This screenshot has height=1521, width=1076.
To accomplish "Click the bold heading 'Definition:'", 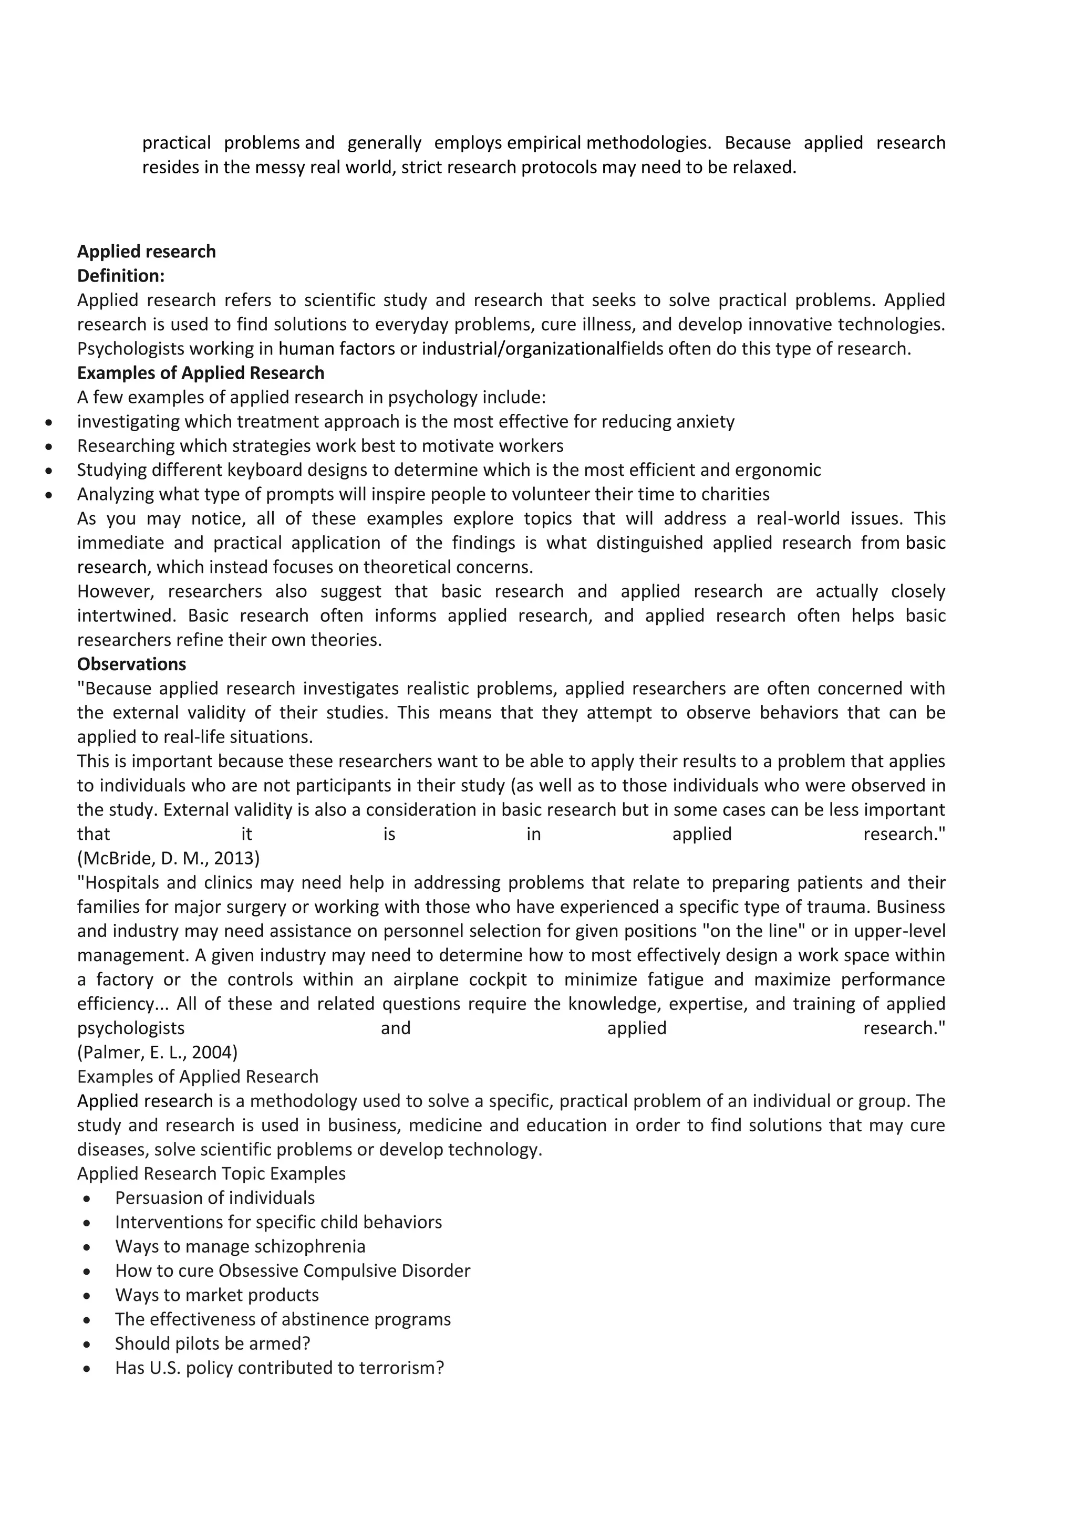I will (121, 276).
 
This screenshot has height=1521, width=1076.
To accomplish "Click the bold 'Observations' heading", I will (131, 664).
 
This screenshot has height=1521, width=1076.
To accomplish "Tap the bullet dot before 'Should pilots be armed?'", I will (87, 1344).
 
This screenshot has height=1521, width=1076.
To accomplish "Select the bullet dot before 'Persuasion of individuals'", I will (87, 1199).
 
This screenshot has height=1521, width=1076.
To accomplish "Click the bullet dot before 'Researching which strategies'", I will (48, 446).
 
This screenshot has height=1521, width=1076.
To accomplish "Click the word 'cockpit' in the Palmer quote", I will (498, 980).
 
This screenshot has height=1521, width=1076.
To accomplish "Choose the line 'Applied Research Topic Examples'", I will (211, 1174).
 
